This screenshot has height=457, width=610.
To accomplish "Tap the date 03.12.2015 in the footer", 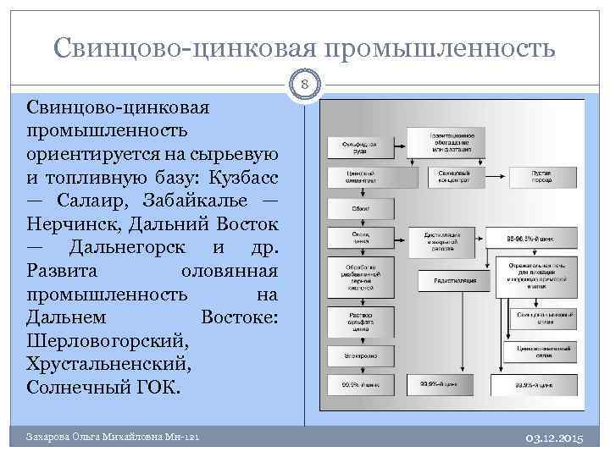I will coord(555,437).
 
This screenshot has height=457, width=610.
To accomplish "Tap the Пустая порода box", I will coord(541,177).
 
